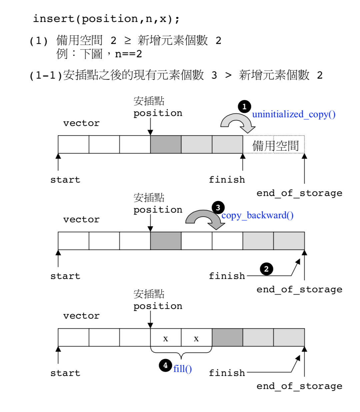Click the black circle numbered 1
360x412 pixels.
pos(244,106)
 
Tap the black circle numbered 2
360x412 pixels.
pos(266,269)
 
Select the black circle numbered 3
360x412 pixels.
pos(218,208)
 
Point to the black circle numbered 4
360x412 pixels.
pos(165,365)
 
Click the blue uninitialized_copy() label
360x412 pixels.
pos(294,114)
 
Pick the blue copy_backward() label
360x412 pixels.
pos(257,215)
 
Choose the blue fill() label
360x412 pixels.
pos(182,369)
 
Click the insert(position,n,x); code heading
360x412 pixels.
pos(106,19)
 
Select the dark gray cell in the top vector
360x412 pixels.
pos(166,144)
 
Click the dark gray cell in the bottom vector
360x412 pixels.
pos(227,337)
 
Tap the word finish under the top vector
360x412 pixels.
pos(227,180)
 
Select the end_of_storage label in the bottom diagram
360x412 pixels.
pos(299,386)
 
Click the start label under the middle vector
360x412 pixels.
pos(65,276)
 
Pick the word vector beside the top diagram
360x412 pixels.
pos(81,123)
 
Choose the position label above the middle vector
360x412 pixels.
pos(158,210)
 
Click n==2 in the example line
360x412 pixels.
pos(128,54)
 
